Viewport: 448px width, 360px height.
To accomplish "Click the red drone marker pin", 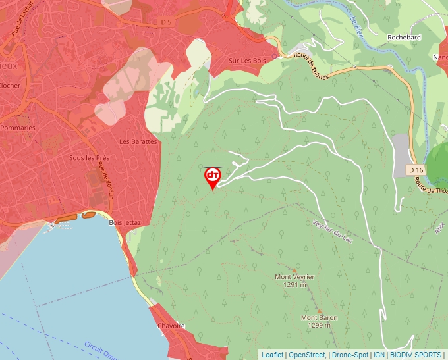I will coord(212,177).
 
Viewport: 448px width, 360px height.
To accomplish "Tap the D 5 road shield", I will coord(166,22).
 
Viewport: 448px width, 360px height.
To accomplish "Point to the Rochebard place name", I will coord(404,38).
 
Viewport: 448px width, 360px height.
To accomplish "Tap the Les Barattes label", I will coord(138,141).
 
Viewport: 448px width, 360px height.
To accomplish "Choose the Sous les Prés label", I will coord(89,158).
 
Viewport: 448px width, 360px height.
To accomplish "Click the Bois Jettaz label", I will coord(125,222).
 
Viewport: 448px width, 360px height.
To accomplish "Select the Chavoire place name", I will coord(171,326).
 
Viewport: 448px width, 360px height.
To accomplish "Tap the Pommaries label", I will coord(18,128).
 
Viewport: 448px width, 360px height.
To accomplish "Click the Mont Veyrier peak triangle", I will coord(294,270).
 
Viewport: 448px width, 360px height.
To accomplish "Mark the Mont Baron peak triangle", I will coord(320,311).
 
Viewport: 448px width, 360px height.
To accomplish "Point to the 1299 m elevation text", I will coord(319,325).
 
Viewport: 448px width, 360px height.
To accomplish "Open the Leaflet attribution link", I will coord(272,355).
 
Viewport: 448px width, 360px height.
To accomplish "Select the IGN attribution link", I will coord(379,355).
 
